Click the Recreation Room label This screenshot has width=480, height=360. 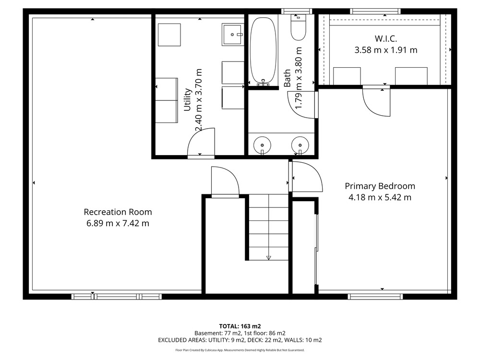[x=118, y=212]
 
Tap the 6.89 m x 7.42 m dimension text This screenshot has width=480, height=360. [x=118, y=223]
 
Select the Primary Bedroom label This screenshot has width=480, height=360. [x=380, y=186]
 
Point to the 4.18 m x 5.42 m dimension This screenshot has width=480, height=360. [x=380, y=197]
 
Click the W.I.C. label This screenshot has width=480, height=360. [x=386, y=38]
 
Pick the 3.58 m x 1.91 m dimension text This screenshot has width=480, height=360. [x=386, y=50]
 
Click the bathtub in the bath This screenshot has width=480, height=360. [x=263, y=51]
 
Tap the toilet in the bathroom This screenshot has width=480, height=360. [x=298, y=27]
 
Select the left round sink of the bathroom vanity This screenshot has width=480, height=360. [x=262, y=145]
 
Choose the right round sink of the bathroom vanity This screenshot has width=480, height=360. [x=300, y=145]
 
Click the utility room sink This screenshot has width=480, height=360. [x=233, y=35]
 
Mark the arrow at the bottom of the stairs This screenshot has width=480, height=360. [x=269, y=258]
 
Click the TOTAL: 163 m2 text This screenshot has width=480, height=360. [x=240, y=326]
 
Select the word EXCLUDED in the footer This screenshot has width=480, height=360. [x=172, y=340]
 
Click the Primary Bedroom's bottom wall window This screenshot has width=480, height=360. [x=375, y=296]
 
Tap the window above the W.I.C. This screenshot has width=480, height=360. [x=375, y=12]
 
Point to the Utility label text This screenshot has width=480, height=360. [x=187, y=100]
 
